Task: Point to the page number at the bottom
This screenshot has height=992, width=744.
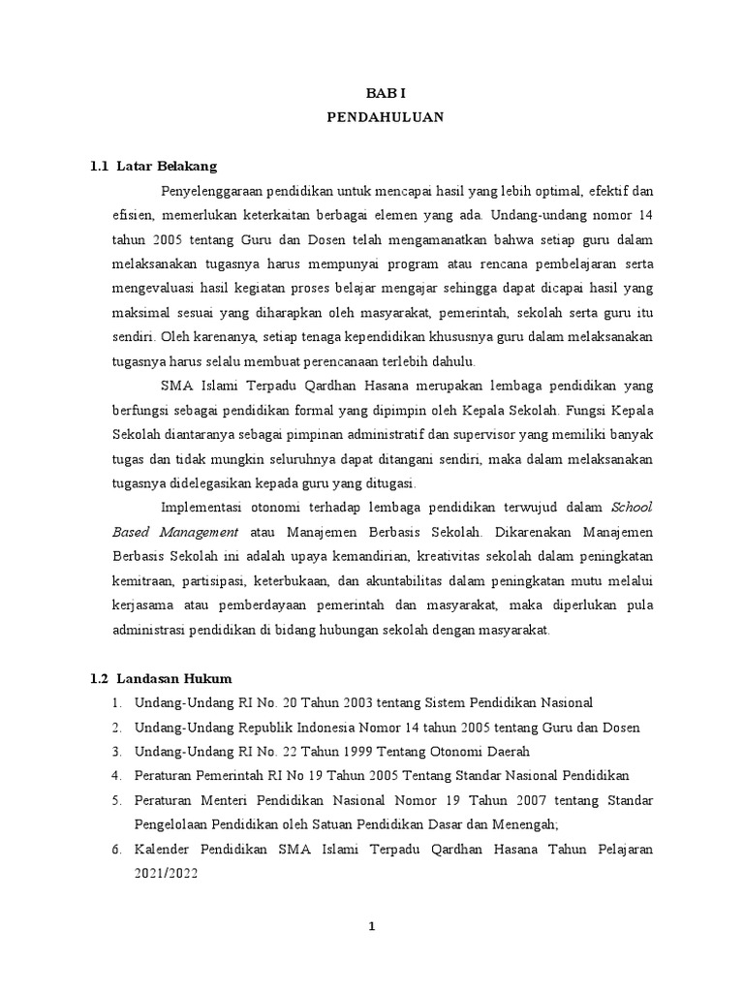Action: click(371, 926)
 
